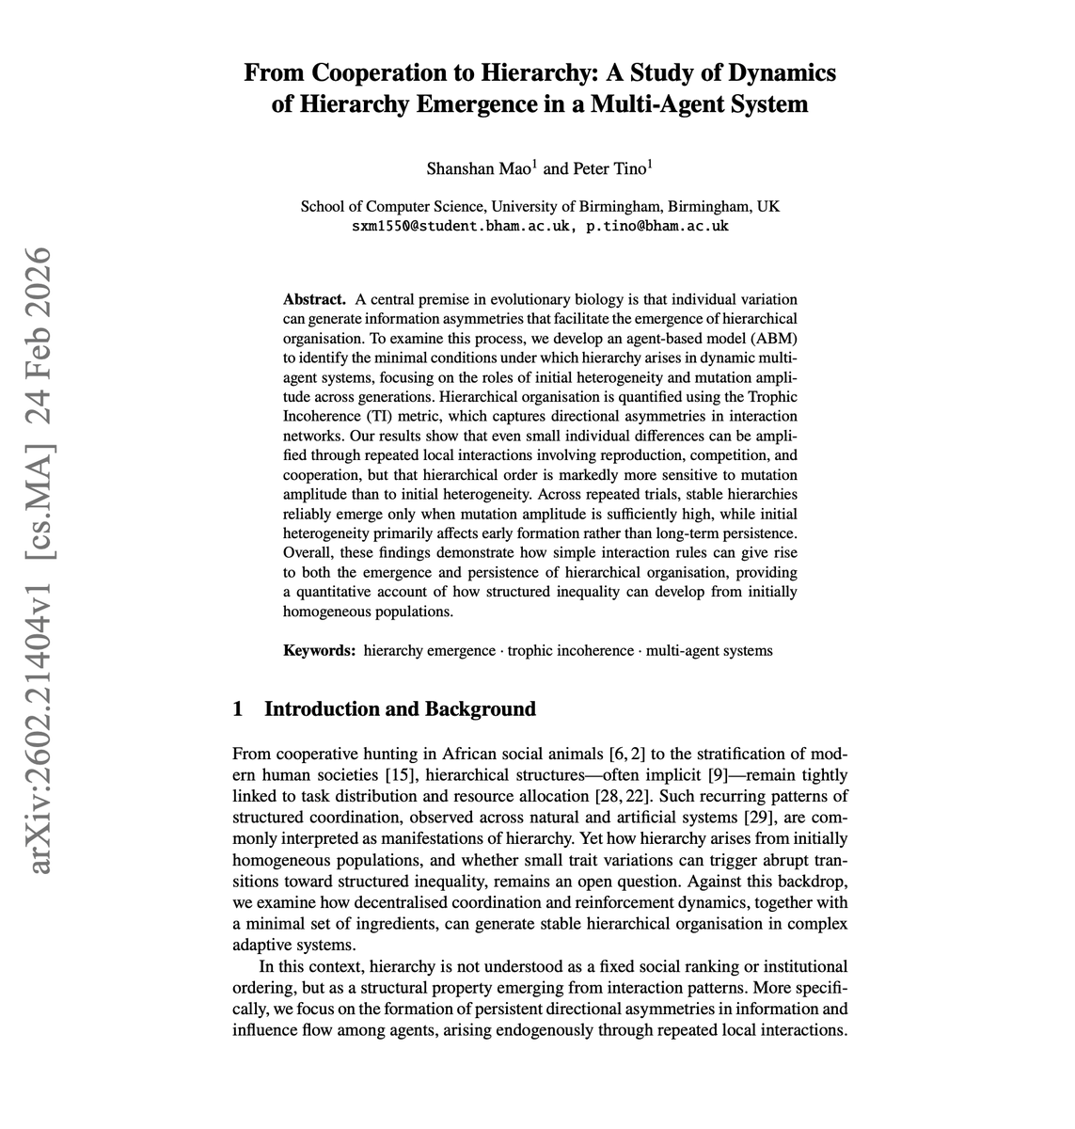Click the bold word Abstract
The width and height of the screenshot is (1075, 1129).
tap(314, 299)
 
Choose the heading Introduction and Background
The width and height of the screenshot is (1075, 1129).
tap(400, 709)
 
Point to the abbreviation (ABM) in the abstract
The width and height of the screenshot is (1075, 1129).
tap(771, 338)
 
